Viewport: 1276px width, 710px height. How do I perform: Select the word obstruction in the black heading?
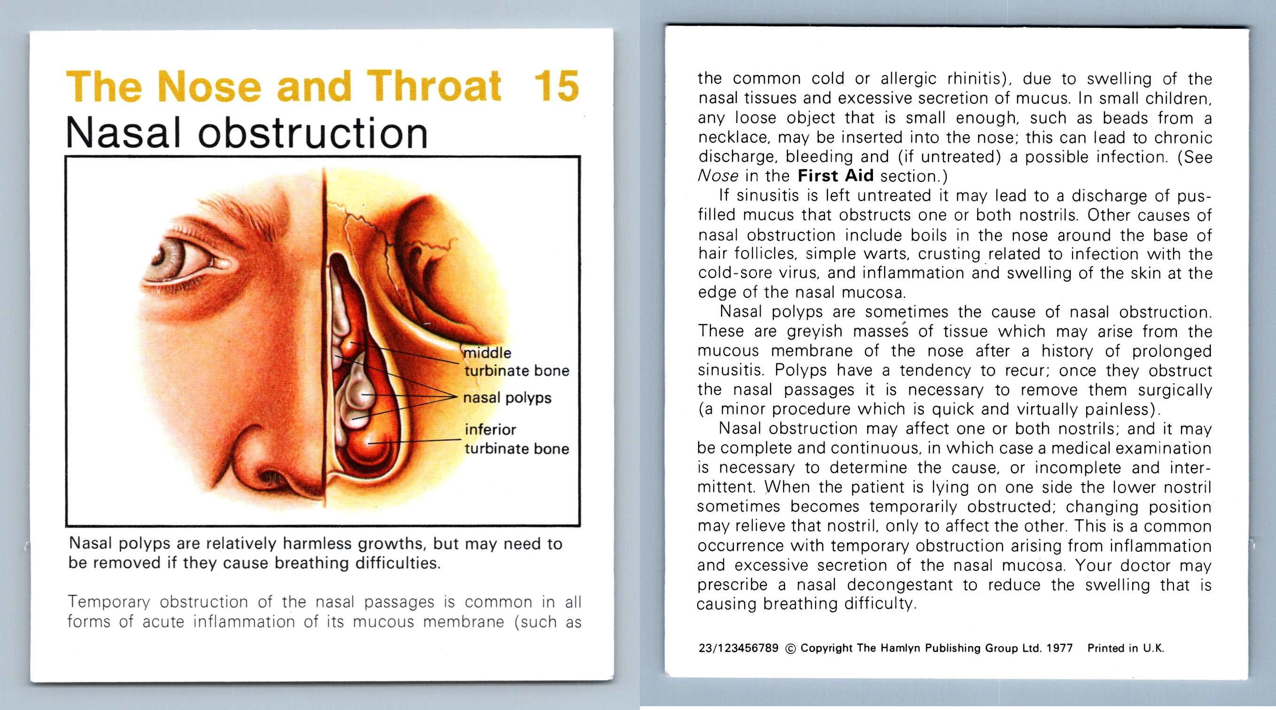pos(312,133)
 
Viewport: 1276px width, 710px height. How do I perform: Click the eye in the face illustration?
pos(171,257)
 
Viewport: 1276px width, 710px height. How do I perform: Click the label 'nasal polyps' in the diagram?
pos(507,398)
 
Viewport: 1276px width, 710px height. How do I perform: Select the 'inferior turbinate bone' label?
pos(516,439)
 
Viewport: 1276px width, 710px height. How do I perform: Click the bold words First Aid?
pos(836,176)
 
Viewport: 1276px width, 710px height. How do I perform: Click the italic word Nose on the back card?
pos(718,176)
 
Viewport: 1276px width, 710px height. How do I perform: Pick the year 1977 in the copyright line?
pos(1059,648)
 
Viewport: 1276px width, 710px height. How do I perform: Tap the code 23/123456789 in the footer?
pos(738,648)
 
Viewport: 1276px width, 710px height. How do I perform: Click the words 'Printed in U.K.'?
pos(1125,648)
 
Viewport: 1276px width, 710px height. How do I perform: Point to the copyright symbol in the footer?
pos(790,648)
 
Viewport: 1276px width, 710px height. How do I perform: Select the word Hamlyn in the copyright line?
pos(899,648)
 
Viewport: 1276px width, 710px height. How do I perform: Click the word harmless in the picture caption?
pos(317,544)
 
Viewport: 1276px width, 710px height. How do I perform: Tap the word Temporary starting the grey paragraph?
pos(109,602)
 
